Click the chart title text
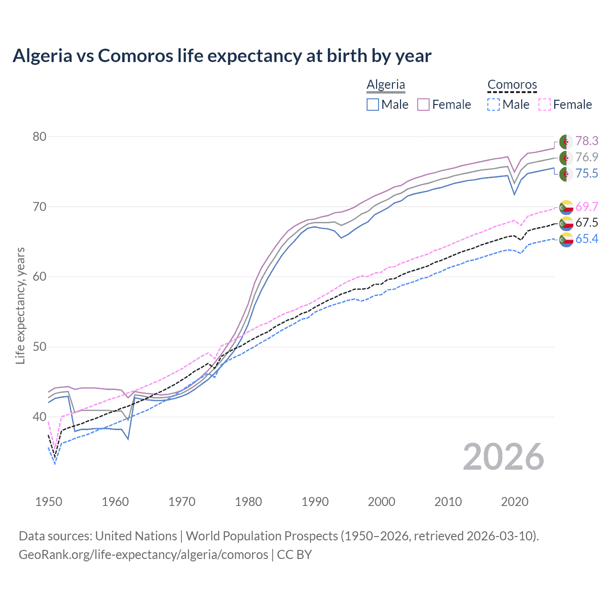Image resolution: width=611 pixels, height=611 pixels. pos(222,56)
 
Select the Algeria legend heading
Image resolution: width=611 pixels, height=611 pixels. pos(386,84)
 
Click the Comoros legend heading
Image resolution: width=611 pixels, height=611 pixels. pos(512,84)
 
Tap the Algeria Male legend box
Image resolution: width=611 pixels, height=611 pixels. pos(373,105)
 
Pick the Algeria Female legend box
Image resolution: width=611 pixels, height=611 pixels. pos(423,105)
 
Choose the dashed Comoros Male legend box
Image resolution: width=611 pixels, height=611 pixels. pos(494,105)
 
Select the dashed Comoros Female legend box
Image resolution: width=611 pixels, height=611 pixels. pos(545,105)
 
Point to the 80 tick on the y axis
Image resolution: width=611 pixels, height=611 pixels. pos(39,137)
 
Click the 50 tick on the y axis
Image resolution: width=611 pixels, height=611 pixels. pos(39,347)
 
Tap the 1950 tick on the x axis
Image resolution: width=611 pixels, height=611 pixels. pos(49,502)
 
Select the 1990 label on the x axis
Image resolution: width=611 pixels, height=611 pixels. pos(315,502)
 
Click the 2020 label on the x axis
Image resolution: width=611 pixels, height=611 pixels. pos(515,502)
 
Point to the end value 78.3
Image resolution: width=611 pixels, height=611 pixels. pos(587,141)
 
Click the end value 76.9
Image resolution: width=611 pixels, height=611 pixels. pos(587,157)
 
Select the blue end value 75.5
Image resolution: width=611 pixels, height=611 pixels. pos(587,173)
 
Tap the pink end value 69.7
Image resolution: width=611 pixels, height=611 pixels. pos(587,207)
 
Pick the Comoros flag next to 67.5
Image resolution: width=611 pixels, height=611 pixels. pos(566,223)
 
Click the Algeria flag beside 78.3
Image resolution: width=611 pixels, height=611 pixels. pos(566,142)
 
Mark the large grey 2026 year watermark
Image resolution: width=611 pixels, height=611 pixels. pos(504,457)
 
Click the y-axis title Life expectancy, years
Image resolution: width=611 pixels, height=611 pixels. pos(21,305)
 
